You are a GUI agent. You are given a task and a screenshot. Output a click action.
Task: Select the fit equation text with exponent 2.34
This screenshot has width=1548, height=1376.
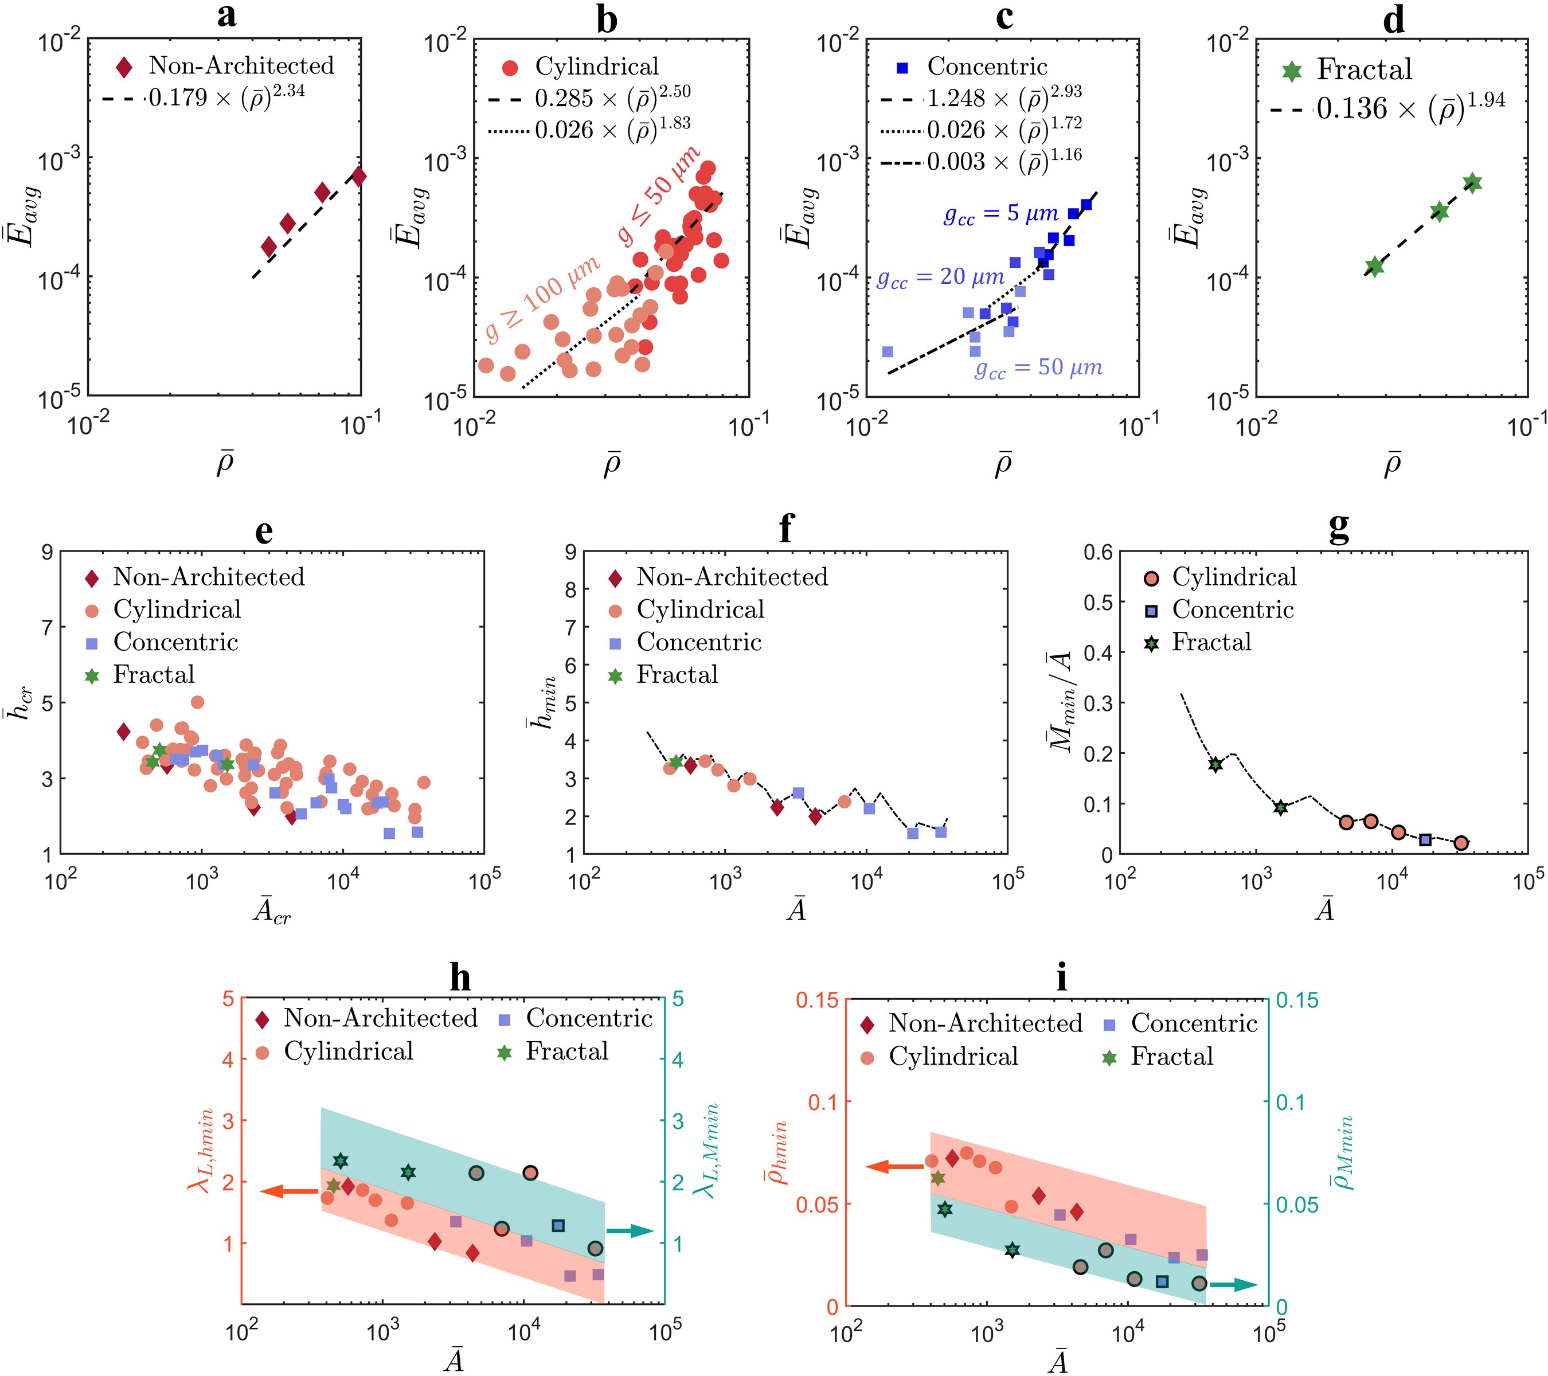click(226, 97)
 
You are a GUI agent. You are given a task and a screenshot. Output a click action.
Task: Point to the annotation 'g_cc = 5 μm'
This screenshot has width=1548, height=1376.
click(1000, 215)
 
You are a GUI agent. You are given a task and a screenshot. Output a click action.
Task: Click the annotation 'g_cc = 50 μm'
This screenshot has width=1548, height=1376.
click(1038, 369)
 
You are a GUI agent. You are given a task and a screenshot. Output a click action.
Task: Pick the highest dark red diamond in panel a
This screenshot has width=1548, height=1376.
click(358, 177)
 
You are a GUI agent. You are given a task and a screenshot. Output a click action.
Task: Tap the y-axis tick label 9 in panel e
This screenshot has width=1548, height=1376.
click(48, 552)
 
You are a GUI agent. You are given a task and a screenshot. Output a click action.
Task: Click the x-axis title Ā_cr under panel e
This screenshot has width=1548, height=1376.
click(271, 912)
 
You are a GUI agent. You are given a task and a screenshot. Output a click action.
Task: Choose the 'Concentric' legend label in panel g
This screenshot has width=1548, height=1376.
click(1232, 609)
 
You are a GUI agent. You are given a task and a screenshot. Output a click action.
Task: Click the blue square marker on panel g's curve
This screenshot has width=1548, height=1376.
click(1425, 840)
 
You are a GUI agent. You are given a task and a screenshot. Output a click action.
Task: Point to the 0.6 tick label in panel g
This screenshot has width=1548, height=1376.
click(1097, 552)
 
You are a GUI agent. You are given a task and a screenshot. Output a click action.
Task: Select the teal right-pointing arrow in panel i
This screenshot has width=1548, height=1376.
click(1233, 1285)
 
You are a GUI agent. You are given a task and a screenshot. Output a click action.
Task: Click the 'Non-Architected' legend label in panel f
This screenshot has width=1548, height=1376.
click(732, 577)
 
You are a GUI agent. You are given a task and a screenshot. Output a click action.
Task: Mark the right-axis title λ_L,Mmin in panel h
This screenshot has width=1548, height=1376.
click(705, 1151)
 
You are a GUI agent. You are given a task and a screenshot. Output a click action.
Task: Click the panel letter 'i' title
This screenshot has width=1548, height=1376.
click(1061, 979)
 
